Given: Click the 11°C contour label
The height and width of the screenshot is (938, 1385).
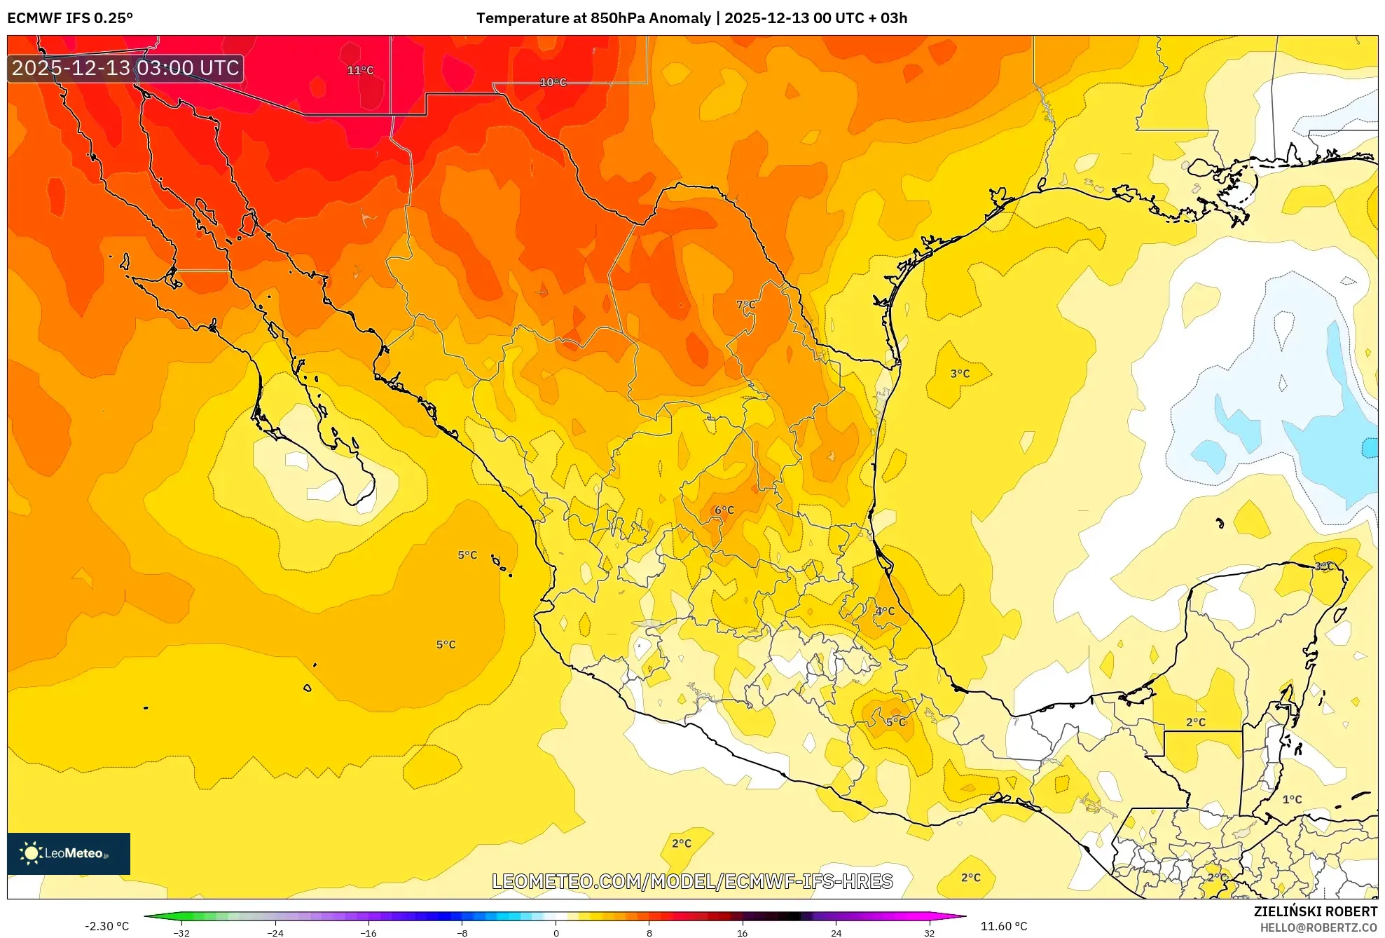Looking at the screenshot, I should [x=360, y=70].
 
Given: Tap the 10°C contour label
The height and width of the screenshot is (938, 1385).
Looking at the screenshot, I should [x=553, y=83].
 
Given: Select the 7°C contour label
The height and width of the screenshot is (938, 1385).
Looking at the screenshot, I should [x=746, y=305].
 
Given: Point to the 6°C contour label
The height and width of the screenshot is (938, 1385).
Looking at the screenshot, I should [x=724, y=510].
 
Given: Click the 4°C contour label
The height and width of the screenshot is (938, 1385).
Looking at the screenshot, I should [x=885, y=611].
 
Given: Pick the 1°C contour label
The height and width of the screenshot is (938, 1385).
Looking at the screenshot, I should [x=1292, y=799].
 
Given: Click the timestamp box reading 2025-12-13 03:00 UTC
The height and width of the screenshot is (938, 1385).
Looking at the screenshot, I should [x=126, y=68].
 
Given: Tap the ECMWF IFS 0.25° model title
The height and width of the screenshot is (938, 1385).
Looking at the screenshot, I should [x=70, y=18].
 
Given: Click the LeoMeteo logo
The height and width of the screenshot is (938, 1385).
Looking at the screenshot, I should [x=69, y=853].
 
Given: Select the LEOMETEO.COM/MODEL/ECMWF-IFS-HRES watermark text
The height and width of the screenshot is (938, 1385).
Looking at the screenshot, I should [x=692, y=881].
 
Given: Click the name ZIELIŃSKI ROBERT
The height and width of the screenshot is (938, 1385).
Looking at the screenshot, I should [x=1315, y=911].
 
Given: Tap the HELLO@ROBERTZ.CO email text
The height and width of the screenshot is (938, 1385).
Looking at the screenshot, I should [x=1318, y=927].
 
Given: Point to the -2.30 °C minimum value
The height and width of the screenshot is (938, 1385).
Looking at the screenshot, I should [x=106, y=926].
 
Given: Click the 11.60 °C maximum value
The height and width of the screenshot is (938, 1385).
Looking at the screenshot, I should [x=1003, y=926].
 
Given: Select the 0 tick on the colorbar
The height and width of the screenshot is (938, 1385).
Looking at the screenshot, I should [x=556, y=932].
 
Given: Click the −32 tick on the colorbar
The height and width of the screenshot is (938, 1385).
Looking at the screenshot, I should [x=181, y=932].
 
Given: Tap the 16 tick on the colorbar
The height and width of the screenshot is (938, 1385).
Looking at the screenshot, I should [x=743, y=932].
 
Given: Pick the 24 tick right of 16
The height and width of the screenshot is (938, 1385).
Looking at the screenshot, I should [x=836, y=932].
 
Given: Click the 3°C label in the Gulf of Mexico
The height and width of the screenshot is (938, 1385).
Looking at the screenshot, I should [x=960, y=374].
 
